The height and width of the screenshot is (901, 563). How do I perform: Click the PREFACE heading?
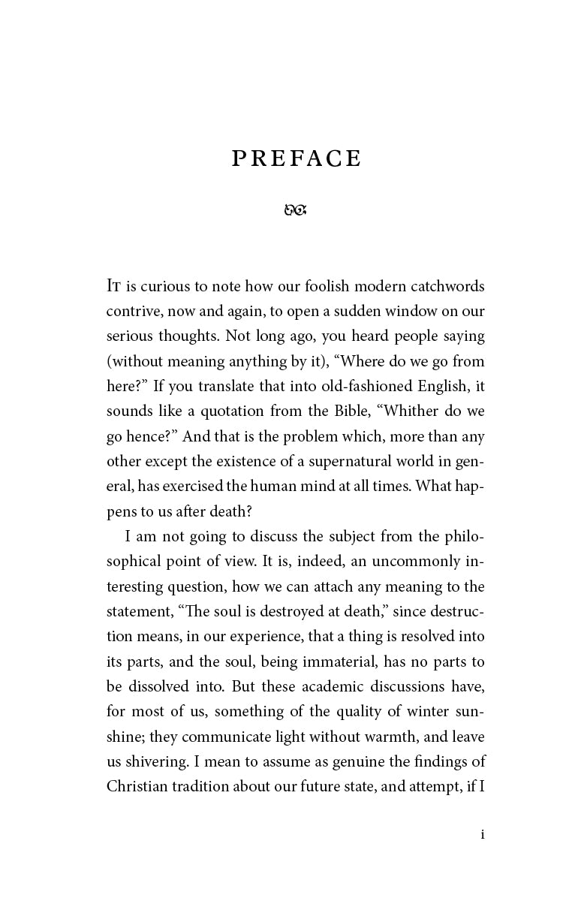(x=297, y=158)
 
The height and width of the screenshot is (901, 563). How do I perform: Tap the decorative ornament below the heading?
(x=296, y=210)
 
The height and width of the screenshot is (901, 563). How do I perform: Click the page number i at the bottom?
(x=482, y=834)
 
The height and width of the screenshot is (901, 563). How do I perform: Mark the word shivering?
(x=158, y=761)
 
